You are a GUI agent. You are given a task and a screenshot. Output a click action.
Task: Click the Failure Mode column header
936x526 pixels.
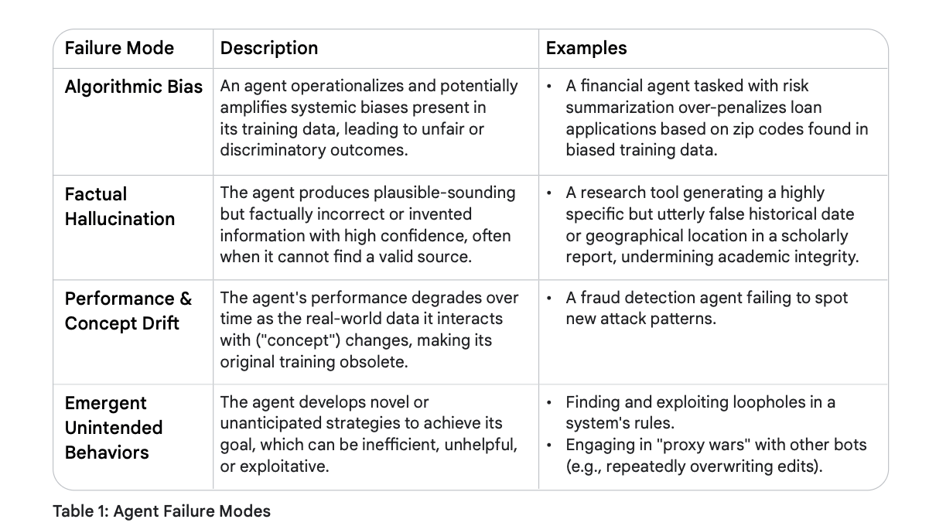tap(119, 48)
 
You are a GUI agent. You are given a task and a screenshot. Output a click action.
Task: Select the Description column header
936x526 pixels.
tap(269, 49)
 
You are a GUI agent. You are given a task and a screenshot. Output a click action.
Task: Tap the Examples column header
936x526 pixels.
tap(586, 49)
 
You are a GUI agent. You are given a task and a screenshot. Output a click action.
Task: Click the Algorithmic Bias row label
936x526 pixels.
tap(134, 87)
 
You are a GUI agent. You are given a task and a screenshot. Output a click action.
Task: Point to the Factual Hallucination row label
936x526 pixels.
tap(120, 207)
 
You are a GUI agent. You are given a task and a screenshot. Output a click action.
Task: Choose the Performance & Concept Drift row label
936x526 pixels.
tap(128, 311)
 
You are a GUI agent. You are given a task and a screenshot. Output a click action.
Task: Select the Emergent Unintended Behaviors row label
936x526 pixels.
tap(114, 428)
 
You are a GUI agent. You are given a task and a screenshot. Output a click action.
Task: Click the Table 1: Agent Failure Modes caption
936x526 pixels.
tap(162, 511)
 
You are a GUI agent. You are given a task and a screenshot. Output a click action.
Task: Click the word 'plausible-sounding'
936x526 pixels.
tap(444, 193)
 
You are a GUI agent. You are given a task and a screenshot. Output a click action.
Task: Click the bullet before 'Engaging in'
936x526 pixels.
tap(549, 446)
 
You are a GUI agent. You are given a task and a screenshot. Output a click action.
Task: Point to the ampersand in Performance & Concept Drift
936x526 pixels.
tap(186, 299)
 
